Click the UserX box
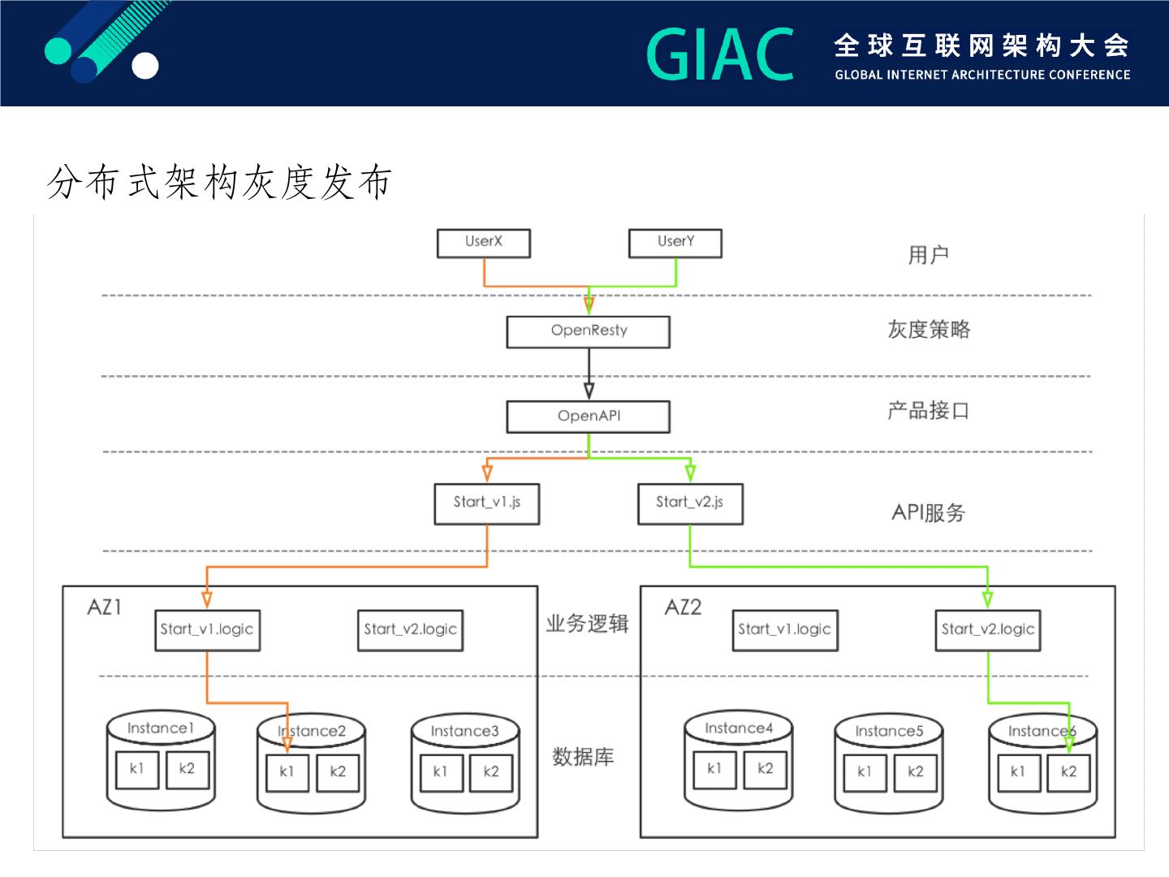click(x=484, y=244)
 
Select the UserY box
click(x=675, y=244)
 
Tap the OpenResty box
click(x=589, y=332)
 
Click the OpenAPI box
click(x=589, y=417)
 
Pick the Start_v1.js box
click(x=487, y=503)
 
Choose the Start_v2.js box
click(x=690, y=503)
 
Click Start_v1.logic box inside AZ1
click(x=207, y=630)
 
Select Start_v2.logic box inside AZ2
click(x=988, y=630)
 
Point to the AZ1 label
click(x=105, y=607)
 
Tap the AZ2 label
click(x=684, y=607)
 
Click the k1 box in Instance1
click(x=137, y=770)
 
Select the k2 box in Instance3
click(x=491, y=772)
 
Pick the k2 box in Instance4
click(x=766, y=770)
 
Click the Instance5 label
click(x=889, y=731)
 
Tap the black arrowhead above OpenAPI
click(x=589, y=391)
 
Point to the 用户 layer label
click(x=928, y=255)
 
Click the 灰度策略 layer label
click(x=929, y=330)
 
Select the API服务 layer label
click(x=928, y=512)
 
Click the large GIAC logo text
click(x=720, y=54)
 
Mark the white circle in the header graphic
click(x=145, y=66)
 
